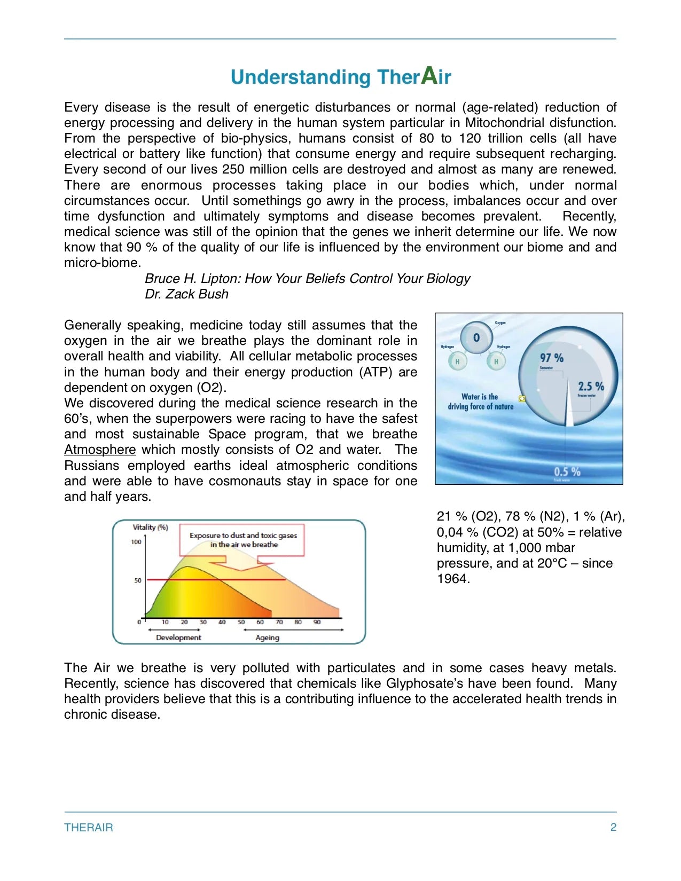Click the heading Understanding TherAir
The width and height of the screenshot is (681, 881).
[x=341, y=77]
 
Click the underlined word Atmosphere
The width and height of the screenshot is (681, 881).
[x=100, y=450]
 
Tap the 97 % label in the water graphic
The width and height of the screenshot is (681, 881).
[x=552, y=358]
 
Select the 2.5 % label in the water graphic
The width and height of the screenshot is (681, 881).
[x=591, y=386]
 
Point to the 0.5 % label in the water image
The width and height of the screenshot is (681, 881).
[x=567, y=471]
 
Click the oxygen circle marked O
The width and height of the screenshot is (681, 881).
[x=476, y=337]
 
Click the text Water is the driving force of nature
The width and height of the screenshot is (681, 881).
[x=480, y=402]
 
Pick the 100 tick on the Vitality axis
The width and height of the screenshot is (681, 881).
[x=136, y=542]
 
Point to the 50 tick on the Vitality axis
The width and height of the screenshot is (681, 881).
[x=138, y=580]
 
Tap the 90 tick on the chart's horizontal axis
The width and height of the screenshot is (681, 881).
[x=317, y=622]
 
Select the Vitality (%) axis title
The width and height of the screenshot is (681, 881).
[x=150, y=527]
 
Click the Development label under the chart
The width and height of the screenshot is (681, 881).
[x=178, y=638]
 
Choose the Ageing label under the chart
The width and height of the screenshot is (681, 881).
[x=267, y=638]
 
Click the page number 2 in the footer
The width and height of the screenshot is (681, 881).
[x=613, y=827]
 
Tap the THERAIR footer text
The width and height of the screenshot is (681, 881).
[x=89, y=828]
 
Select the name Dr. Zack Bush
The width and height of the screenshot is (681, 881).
[x=186, y=294]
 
